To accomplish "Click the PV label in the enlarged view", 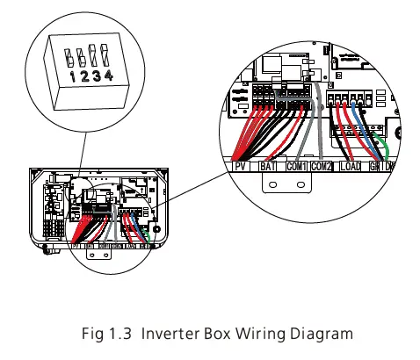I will (x=240, y=165).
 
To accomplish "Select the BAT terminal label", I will (x=268, y=165).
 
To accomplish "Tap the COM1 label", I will (x=295, y=165).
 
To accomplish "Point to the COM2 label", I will (x=322, y=165).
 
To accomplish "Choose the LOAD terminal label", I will (x=351, y=165).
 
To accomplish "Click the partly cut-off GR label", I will (x=374, y=165).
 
